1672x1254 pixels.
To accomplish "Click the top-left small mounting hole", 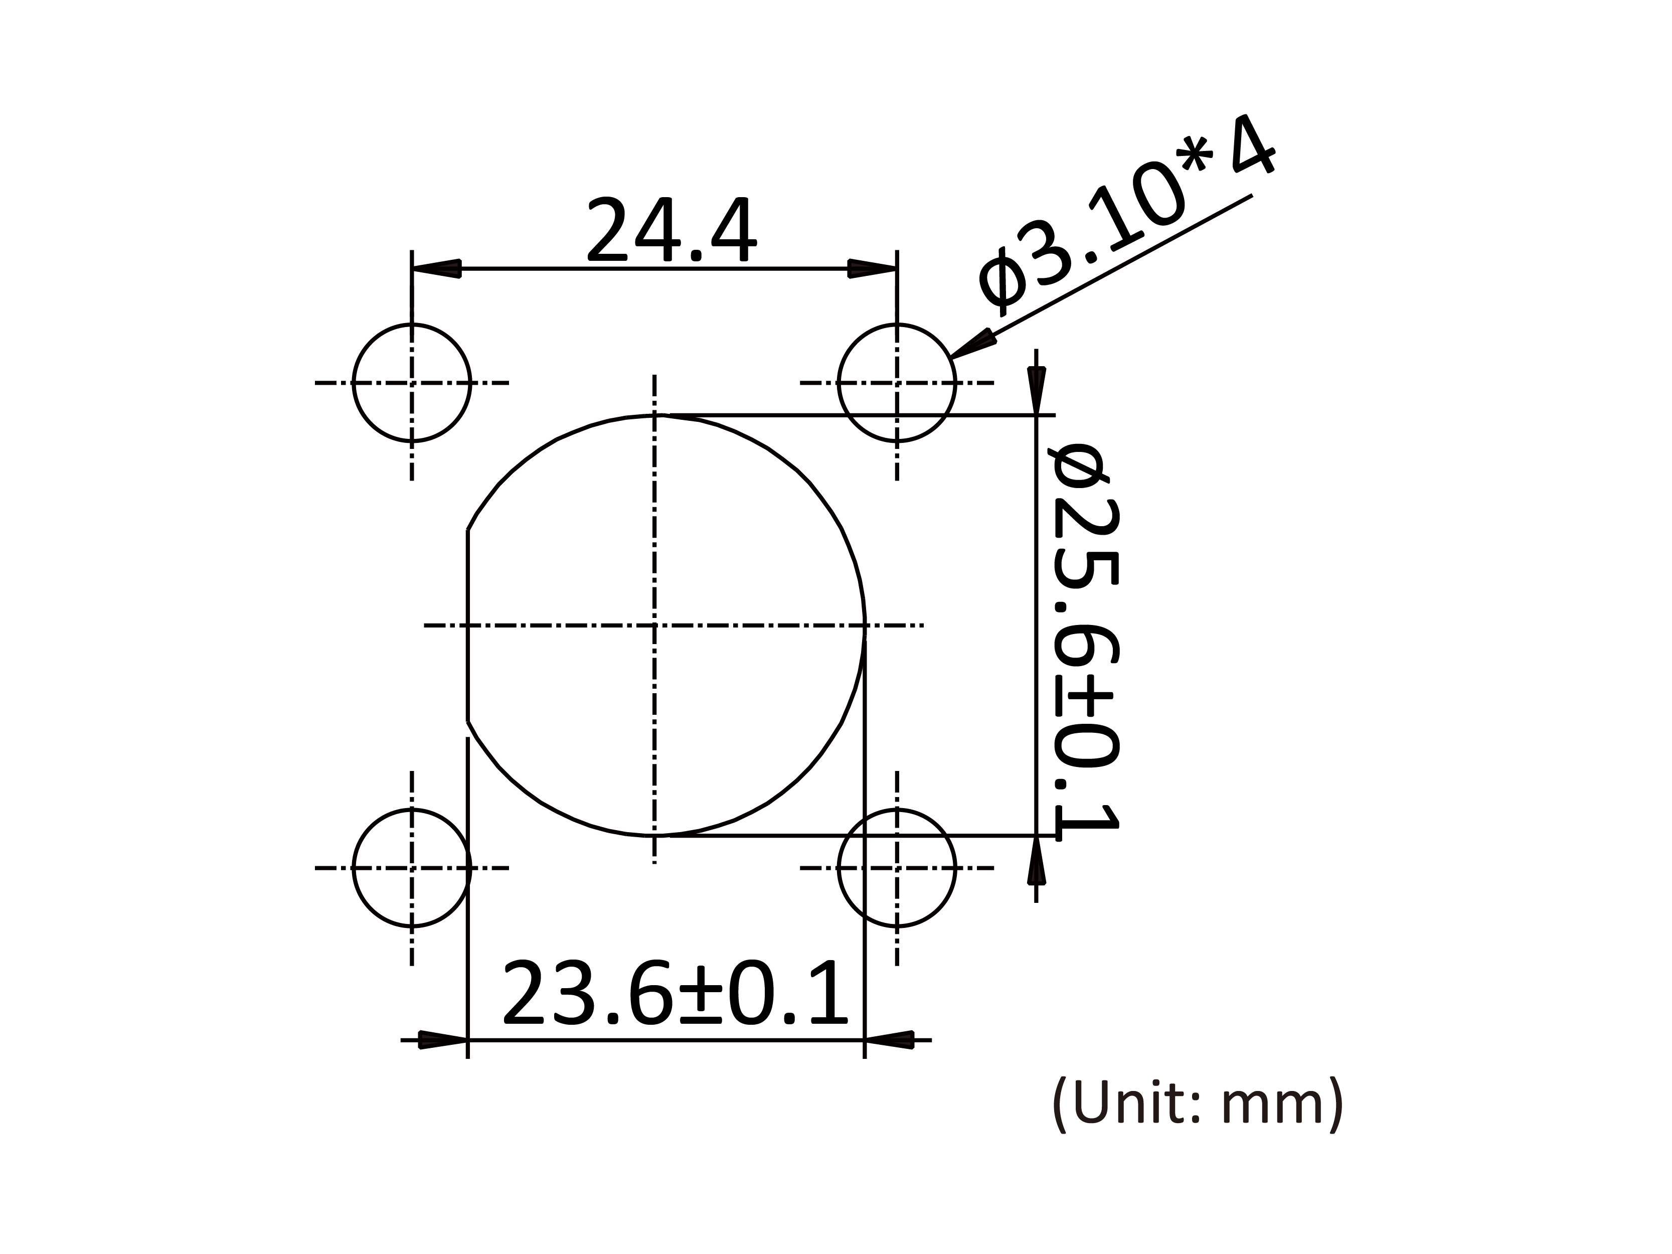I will [x=412, y=383].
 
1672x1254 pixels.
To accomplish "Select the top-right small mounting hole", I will [x=897, y=383].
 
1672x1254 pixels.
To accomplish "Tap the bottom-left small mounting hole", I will [x=412, y=868].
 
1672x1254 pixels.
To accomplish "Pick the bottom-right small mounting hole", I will [x=897, y=868].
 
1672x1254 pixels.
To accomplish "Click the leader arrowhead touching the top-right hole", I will [x=971, y=344].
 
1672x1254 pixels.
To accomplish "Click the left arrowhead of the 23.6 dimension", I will [x=443, y=1040].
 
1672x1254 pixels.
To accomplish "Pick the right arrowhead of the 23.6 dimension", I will [x=890, y=1040].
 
